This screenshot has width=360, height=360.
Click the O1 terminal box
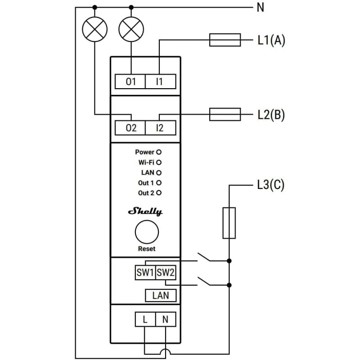click(x=131, y=82)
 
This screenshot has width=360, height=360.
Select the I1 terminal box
click(x=160, y=82)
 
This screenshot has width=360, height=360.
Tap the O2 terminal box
click(x=131, y=128)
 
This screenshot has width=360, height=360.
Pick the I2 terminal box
click(x=160, y=128)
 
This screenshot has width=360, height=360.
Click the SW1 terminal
click(x=145, y=273)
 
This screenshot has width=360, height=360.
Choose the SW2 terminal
click(x=165, y=273)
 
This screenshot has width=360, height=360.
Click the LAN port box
click(x=160, y=295)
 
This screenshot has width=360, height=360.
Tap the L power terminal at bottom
click(x=145, y=320)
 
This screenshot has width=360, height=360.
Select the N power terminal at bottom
click(x=165, y=320)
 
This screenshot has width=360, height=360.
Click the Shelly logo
click(x=146, y=211)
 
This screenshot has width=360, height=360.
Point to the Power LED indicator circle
click(x=159, y=153)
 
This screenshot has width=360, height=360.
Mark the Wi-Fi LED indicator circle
click(x=159, y=162)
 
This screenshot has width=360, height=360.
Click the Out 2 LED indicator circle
click(x=159, y=193)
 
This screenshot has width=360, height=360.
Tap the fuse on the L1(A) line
click(x=225, y=40)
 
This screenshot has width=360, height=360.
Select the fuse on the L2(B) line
click(x=225, y=114)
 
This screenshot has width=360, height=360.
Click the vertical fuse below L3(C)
click(x=229, y=223)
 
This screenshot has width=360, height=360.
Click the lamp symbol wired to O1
click(x=130, y=30)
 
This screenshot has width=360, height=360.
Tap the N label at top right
click(x=260, y=8)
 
